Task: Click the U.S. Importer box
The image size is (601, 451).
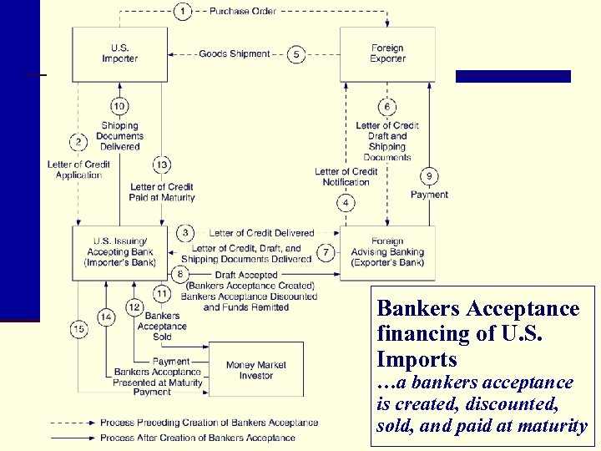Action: coord(119,53)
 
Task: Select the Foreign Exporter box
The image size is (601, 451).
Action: coord(387,53)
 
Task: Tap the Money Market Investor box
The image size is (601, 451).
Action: coord(255,370)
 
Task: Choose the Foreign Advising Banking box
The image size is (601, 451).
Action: coord(387,251)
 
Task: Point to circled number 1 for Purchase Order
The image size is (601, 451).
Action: coord(183,12)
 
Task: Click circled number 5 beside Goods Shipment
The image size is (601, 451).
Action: coord(296,54)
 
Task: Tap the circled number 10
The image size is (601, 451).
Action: coord(119,106)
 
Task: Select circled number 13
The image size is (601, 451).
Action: coord(162,165)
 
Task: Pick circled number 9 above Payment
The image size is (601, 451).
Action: coord(429,176)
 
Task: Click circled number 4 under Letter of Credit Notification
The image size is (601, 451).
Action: coord(346,203)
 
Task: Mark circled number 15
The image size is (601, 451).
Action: coord(78,330)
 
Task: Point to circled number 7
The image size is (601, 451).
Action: coord(326,251)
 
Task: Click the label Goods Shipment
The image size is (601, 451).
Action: coord(234,54)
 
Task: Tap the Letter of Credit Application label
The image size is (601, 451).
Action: coord(78,170)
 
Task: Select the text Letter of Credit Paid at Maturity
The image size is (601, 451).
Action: coord(162,192)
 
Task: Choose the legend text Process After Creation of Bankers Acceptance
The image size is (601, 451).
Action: coord(197,438)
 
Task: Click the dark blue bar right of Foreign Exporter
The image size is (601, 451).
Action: coord(513,76)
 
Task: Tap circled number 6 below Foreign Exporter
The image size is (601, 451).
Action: coord(387,107)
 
